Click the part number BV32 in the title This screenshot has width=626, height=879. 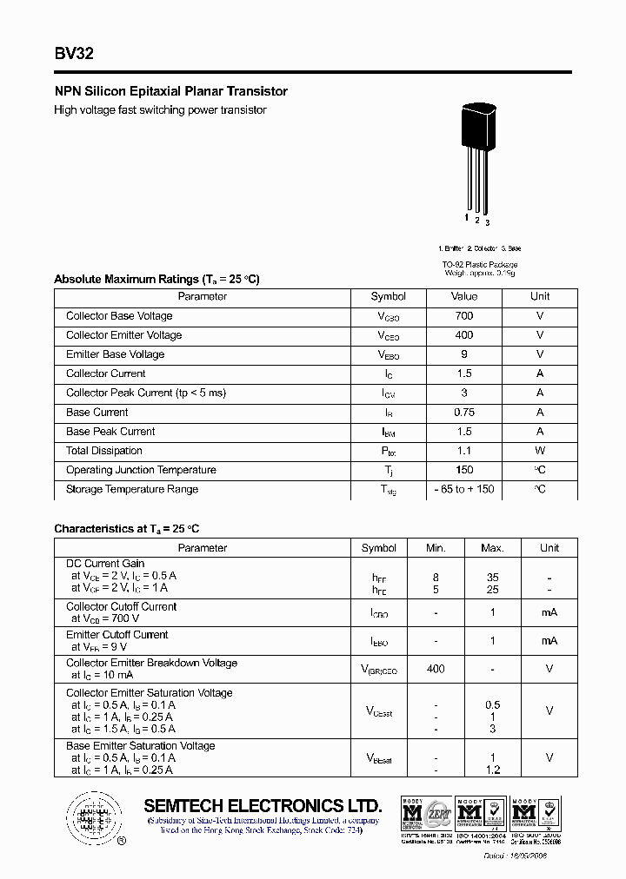74,54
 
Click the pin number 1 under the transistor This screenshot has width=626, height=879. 467,218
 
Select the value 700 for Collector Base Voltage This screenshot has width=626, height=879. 464,316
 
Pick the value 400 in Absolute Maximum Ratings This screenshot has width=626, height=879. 464,335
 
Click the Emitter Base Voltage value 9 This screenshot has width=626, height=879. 464,354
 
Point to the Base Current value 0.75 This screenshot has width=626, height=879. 464,413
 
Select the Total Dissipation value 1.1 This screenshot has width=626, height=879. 464,451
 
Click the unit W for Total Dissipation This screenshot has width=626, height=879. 540,451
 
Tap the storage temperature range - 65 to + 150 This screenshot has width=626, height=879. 464,489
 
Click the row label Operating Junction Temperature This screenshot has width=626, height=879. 141,470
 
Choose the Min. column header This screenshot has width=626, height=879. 436,548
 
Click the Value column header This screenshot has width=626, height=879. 464,297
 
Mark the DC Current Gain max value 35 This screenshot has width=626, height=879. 492,578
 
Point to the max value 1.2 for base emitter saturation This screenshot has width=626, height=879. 492,770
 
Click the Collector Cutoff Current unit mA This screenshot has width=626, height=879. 549,612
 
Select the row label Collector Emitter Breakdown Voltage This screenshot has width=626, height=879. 151,663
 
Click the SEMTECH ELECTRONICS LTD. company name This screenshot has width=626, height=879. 263,805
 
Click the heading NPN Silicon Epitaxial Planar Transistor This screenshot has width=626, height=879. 170,91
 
